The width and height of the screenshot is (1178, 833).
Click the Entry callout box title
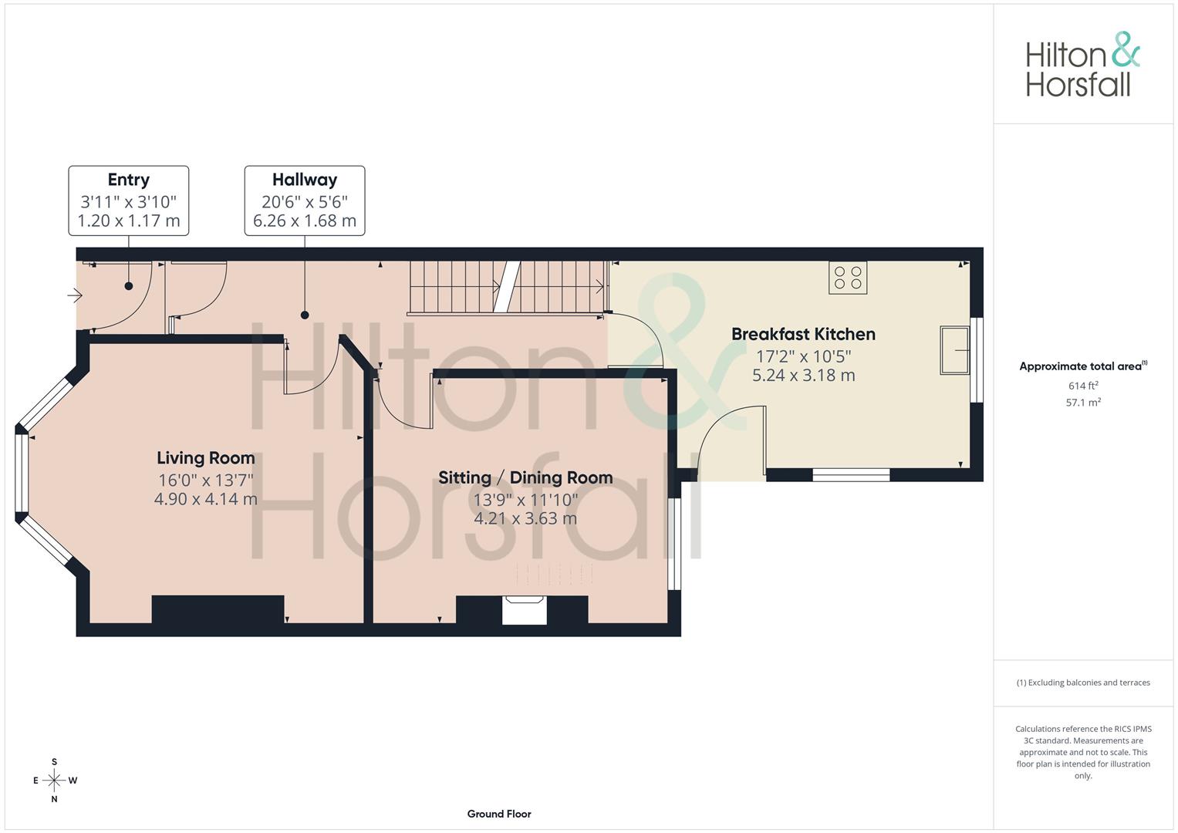(128, 180)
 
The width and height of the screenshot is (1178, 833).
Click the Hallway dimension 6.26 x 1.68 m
(305, 221)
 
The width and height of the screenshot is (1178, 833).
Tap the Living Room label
(205, 458)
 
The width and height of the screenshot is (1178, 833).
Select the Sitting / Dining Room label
(525, 477)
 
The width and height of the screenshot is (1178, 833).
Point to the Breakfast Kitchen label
(803, 334)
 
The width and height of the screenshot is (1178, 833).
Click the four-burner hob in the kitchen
(848, 278)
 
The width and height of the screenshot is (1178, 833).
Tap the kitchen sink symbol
(954, 350)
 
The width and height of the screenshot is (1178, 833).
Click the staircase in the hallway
(505, 287)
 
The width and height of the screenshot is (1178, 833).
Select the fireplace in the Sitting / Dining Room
(525, 609)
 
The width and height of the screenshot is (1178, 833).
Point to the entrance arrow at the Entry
(75, 295)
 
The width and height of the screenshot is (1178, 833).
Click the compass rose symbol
(54, 781)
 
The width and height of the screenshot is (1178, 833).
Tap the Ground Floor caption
(499, 814)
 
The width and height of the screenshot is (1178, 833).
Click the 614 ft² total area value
(1083, 386)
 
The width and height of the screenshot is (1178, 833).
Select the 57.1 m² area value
(1083, 402)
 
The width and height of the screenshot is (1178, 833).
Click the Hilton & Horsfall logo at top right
(1082, 65)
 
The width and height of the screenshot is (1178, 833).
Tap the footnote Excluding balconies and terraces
(1083, 683)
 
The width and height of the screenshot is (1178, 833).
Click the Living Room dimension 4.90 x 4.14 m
(205, 499)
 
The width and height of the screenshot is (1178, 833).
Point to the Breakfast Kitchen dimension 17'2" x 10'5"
(803, 356)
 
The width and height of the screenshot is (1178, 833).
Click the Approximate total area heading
(1082, 366)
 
